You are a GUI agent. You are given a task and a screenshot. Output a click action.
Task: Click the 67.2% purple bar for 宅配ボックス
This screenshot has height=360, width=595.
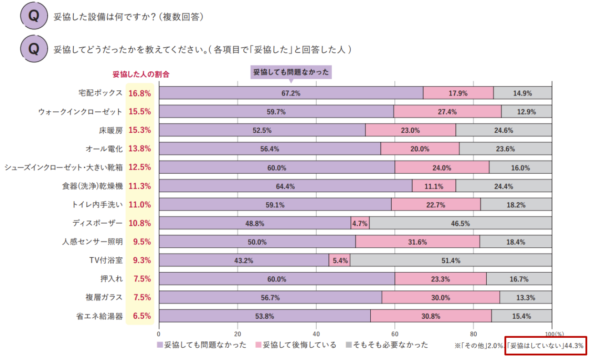(291, 93)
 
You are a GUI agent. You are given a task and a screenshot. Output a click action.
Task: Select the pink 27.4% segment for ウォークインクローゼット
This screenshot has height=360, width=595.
(447, 112)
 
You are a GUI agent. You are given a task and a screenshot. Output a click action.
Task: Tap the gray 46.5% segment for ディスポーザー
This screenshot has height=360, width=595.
(460, 223)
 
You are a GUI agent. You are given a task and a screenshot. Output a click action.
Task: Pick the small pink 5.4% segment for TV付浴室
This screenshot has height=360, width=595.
(339, 260)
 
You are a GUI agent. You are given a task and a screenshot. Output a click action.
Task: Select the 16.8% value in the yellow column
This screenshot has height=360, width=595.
(140, 93)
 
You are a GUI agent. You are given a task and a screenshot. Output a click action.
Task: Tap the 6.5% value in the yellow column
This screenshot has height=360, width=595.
(141, 316)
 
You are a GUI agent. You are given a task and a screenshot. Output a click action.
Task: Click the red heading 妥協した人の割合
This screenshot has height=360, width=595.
(141, 74)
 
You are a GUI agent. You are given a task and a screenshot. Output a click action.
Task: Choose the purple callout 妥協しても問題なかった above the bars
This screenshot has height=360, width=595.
(291, 72)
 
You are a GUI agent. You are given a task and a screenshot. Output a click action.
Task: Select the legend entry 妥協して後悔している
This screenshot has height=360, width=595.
(296, 345)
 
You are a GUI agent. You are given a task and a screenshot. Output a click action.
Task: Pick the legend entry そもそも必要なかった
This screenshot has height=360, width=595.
(387, 345)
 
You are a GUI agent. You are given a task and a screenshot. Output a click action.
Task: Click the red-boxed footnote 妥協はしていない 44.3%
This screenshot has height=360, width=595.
(545, 346)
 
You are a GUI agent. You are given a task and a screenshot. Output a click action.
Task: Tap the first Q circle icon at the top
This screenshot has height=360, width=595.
(34, 16)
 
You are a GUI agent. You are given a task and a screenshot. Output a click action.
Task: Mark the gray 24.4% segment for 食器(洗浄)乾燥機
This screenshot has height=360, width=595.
(504, 186)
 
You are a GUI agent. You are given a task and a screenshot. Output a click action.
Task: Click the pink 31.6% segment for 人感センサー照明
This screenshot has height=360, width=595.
(417, 242)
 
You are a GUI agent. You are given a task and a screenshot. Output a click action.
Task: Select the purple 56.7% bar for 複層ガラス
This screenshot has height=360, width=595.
(270, 298)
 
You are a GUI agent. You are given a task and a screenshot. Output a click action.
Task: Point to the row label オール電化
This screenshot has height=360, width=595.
(104, 149)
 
